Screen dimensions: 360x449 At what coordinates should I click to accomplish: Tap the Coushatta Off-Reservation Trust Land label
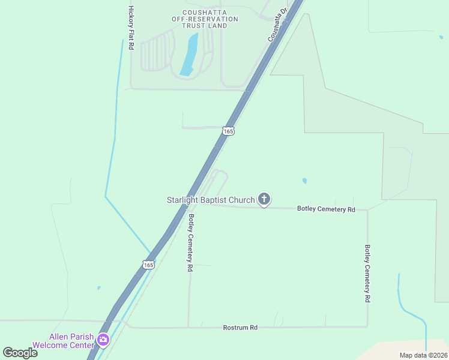pyautogui.click(x=205, y=19)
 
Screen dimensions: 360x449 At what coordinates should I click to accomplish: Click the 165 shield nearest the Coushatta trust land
pyautogui.click(x=228, y=131)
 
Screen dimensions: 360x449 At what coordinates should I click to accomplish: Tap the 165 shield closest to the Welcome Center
pyautogui.click(x=149, y=264)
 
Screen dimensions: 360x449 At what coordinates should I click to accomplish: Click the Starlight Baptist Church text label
pyautogui.click(x=211, y=199)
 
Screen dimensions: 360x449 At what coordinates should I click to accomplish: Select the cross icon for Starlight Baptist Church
pyautogui.click(x=264, y=199)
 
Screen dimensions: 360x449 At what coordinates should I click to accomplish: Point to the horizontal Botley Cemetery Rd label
pyautogui.click(x=327, y=209)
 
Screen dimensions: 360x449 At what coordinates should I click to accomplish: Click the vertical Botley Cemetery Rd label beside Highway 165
pyautogui.click(x=191, y=244)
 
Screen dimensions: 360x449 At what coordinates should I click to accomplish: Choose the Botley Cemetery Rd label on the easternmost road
pyautogui.click(x=367, y=273)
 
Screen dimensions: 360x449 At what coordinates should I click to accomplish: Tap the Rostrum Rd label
pyautogui.click(x=240, y=328)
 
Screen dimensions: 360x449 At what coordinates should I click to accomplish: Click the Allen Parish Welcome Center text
pyautogui.click(x=72, y=341)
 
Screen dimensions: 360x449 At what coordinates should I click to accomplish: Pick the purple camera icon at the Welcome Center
pyautogui.click(x=103, y=340)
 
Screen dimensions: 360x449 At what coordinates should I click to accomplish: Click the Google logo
pyautogui.click(x=20, y=353)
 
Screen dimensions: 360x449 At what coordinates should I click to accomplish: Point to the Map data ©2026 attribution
pyautogui.click(x=423, y=355)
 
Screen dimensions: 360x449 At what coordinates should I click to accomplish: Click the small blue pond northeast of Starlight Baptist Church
pyautogui.click(x=305, y=181)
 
